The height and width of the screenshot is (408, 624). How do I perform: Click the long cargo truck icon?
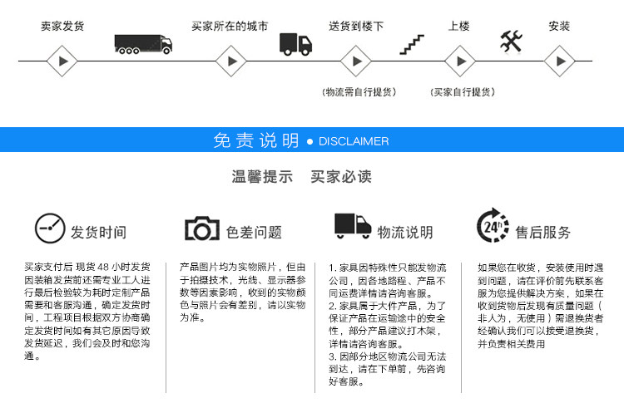[143, 44]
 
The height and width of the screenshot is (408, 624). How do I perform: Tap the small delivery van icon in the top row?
[295, 44]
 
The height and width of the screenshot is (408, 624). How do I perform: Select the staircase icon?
[412, 45]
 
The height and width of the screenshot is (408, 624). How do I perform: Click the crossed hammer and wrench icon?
[511, 42]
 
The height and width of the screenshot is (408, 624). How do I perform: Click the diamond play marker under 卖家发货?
[62, 61]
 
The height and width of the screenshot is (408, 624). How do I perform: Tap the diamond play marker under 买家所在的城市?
[231, 61]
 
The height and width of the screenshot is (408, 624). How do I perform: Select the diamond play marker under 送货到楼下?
[356, 61]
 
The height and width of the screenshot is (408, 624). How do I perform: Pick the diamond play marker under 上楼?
[460, 61]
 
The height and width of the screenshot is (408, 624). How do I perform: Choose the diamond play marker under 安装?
[560, 61]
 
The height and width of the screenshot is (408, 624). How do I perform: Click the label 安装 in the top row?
[559, 27]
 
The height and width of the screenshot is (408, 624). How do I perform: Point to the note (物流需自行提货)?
[359, 92]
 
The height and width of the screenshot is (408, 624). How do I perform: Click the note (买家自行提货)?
[463, 92]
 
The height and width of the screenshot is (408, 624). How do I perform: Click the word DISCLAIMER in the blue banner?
[354, 141]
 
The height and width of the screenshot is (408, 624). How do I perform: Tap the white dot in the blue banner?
[310, 141]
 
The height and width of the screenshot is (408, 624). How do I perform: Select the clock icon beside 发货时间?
[50, 228]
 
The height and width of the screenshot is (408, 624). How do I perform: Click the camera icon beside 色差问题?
[202, 229]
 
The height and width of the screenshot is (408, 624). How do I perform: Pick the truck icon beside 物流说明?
[353, 226]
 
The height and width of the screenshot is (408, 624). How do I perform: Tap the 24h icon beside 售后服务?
[493, 225]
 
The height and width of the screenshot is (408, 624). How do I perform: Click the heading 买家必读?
[341, 176]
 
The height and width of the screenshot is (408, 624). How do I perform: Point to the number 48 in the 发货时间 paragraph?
[103, 267]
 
